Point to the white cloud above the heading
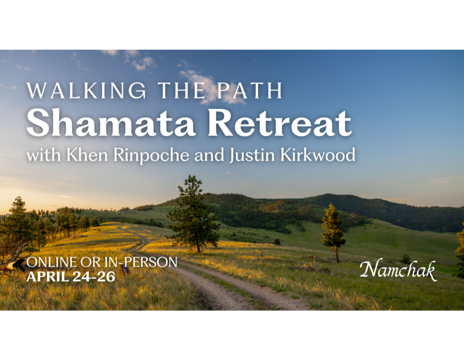tap(200, 81)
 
